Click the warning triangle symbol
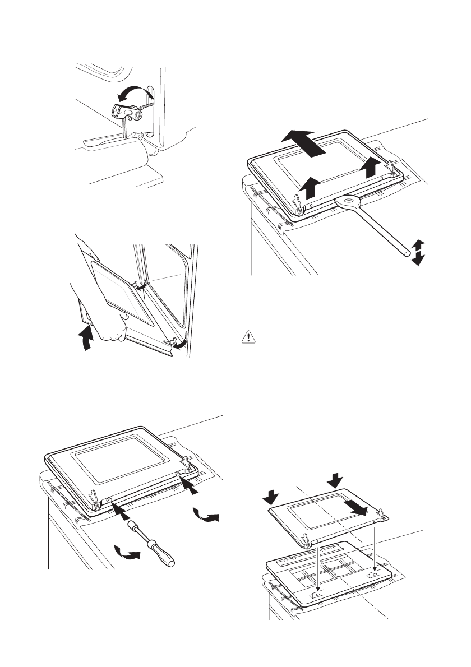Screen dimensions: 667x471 247,339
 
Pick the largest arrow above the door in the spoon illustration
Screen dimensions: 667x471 303,142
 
